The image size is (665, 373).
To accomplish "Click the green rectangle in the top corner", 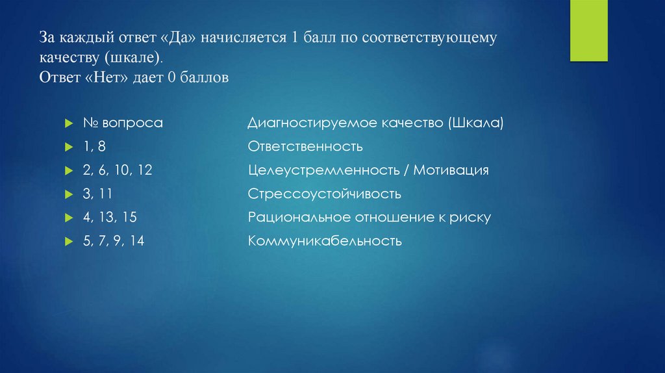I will click(x=589, y=31).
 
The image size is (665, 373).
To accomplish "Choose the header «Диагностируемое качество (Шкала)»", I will click(x=375, y=123).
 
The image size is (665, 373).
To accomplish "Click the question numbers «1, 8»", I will click(x=94, y=147).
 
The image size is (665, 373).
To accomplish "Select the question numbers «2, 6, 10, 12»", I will click(x=117, y=170).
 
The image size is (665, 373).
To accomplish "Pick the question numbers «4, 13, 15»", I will click(x=109, y=217).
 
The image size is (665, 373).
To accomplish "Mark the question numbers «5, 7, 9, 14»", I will click(x=113, y=241).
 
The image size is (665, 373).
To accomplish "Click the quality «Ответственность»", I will click(x=305, y=147).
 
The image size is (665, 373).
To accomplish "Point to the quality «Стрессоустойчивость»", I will click(x=324, y=194).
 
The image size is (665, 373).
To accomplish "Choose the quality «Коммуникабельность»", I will click(x=325, y=241).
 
